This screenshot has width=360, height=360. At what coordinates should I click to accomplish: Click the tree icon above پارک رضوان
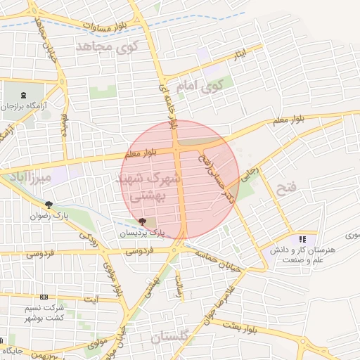(49, 205)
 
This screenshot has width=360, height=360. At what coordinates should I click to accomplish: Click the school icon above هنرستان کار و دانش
(302, 239)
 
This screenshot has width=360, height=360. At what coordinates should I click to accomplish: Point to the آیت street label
(91, 300)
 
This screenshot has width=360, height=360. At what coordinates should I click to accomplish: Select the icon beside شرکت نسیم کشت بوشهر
(44, 297)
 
